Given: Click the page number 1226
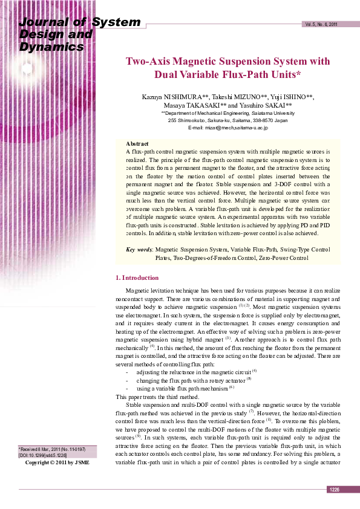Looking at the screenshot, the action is (x=334, y=490).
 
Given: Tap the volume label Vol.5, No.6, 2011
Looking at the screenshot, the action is (x=321, y=25).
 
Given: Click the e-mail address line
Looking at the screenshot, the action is (x=228, y=128).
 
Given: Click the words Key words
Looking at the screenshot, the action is (x=139, y=249).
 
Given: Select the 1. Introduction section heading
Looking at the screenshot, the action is (x=137, y=277).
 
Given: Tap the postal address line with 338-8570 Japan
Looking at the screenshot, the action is (x=228, y=120).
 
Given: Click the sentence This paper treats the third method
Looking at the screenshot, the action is (x=157, y=397).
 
